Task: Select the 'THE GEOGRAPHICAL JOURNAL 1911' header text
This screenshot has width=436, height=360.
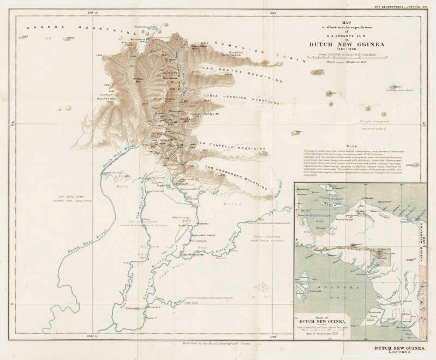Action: point(401,5)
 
